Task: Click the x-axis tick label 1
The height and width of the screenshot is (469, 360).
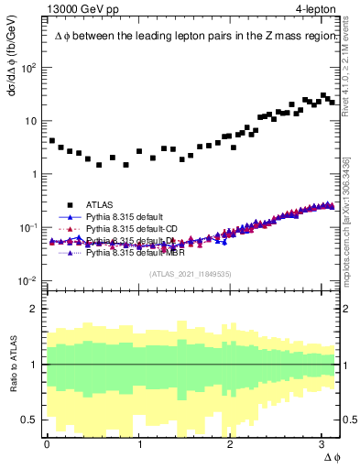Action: pos(139,442)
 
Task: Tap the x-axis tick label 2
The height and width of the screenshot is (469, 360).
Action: pos(232,442)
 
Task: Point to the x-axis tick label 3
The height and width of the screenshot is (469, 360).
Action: pos(324,442)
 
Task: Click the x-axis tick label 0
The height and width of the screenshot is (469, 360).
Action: pos(47,442)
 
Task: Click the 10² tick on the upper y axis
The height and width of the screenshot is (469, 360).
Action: pos(30,68)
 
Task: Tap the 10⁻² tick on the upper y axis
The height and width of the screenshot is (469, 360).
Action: pos(30,280)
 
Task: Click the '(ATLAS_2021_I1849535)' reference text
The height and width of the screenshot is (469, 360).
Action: pos(191,273)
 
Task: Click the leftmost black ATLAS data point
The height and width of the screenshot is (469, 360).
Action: pos(51,141)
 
